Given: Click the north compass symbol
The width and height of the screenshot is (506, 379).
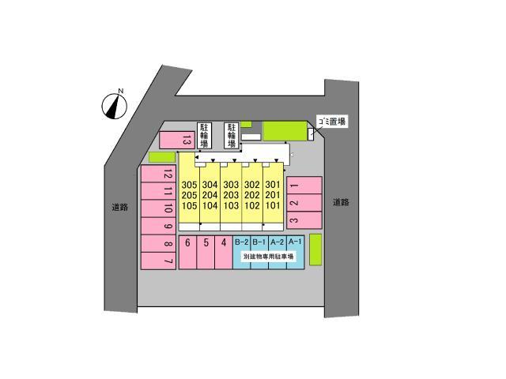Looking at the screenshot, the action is (115, 105).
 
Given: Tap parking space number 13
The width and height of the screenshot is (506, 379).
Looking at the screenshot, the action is (177, 140).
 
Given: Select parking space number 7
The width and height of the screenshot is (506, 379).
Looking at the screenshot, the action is (158, 261).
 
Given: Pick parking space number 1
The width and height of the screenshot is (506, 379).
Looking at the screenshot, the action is (304, 186).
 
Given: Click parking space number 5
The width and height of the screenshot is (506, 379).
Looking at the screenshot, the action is (206, 252).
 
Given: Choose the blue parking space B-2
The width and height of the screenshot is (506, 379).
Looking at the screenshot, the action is (241, 252).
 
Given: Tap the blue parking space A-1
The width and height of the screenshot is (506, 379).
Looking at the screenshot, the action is (295, 252).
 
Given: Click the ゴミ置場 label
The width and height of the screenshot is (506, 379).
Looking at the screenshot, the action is (332, 122).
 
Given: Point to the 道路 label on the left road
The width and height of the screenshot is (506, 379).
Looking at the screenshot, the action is (120, 207).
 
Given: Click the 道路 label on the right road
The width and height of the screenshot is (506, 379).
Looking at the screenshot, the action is (341, 202).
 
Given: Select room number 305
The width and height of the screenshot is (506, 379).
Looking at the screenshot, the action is (189, 185).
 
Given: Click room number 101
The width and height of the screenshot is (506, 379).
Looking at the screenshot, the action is (273, 205).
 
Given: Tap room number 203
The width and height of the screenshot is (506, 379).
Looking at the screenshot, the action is (231, 195).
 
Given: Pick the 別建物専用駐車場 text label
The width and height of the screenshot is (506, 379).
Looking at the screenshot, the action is (269, 257).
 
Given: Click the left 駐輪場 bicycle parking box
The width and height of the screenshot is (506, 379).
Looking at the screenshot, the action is (204, 135).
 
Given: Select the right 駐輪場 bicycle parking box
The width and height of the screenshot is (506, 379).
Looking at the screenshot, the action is (232, 135).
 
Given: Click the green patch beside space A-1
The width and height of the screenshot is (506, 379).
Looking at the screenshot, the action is (315, 250).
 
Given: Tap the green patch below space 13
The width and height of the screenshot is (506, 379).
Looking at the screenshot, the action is (161, 157).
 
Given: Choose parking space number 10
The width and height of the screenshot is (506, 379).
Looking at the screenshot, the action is (158, 208).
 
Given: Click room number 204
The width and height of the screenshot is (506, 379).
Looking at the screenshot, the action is (210, 195).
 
